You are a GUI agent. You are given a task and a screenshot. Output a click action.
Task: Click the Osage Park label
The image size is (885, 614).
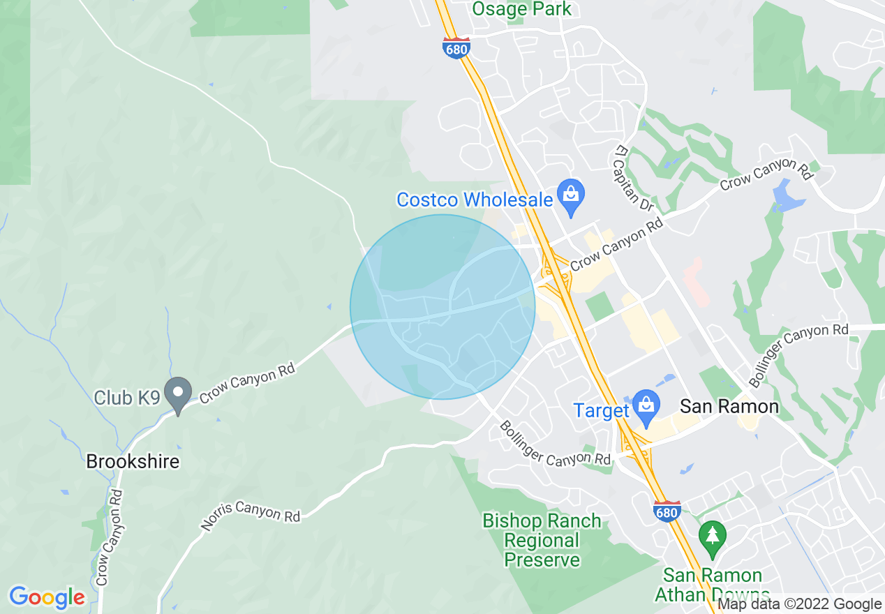click(x=521, y=9)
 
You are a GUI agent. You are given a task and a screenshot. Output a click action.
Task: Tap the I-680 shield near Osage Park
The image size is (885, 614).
click(x=456, y=47)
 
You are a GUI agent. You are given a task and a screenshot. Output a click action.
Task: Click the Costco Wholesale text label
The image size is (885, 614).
click(x=475, y=200)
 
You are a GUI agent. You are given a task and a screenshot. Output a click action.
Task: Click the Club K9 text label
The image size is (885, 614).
click(x=127, y=398)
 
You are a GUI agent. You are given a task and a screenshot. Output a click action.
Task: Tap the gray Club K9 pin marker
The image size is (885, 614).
click(x=178, y=395)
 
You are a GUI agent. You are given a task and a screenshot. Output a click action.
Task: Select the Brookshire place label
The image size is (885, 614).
click(x=133, y=462)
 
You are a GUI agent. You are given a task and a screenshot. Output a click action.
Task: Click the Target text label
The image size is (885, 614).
click(x=602, y=410)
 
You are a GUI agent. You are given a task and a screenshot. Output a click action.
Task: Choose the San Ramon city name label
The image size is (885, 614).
click(x=729, y=406)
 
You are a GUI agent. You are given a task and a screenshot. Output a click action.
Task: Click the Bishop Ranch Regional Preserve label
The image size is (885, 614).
click(x=542, y=541)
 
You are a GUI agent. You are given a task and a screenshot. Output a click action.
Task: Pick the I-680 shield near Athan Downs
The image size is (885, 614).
click(x=667, y=511)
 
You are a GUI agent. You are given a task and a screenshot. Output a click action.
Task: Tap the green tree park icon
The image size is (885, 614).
click(x=712, y=537)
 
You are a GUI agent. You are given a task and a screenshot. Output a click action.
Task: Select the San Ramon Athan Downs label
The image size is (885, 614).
click(x=712, y=585)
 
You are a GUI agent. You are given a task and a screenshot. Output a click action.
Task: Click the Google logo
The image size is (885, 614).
click(x=47, y=597)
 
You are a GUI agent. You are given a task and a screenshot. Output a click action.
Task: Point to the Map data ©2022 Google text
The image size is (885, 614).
click(x=800, y=604)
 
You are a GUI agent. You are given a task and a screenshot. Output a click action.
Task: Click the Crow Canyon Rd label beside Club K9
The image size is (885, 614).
click(x=247, y=383)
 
